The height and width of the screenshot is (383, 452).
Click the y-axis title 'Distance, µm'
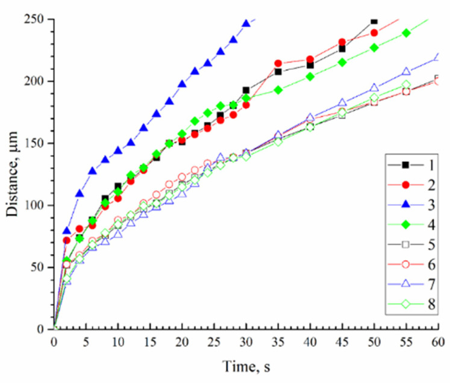(x=13, y=175)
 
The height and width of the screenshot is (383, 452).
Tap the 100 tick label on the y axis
(x=36, y=205)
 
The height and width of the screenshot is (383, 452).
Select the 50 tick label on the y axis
(x=39, y=267)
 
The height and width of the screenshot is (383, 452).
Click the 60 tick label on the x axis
(x=438, y=342)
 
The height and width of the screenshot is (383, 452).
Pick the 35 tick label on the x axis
(x=278, y=342)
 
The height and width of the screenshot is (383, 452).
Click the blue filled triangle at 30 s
(x=246, y=23)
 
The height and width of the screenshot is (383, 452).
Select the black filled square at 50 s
(x=374, y=21)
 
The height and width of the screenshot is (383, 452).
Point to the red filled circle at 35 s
(x=278, y=63)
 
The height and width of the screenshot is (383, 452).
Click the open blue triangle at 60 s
(x=438, y=57)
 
